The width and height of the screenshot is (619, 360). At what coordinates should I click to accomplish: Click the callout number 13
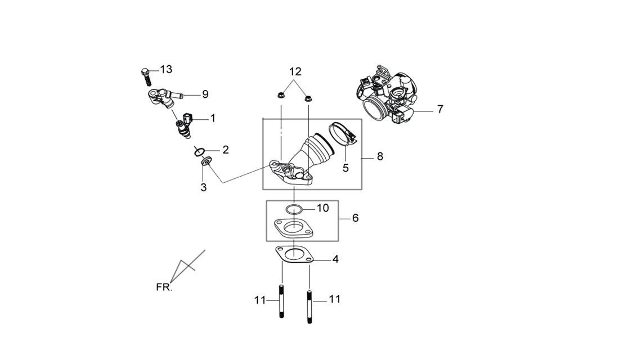166,70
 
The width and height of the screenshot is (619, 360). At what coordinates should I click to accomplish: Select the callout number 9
205,94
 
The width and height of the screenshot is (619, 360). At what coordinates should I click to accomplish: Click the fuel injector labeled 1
185,126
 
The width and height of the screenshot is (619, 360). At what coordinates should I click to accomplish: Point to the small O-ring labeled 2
199,151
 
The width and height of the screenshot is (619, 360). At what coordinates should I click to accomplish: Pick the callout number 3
203,187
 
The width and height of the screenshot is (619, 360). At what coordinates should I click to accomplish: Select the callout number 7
440,109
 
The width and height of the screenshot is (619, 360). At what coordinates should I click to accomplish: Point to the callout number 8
380,156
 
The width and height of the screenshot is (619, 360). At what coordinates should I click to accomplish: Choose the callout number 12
295,71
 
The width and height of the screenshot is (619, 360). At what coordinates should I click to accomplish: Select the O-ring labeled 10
294,210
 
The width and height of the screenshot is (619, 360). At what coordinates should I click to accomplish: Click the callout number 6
355,218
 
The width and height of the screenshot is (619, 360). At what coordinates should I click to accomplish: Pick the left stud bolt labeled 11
282,301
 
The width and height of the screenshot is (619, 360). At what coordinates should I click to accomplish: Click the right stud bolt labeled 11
309,307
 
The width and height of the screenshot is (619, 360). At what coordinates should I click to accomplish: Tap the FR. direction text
164,287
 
